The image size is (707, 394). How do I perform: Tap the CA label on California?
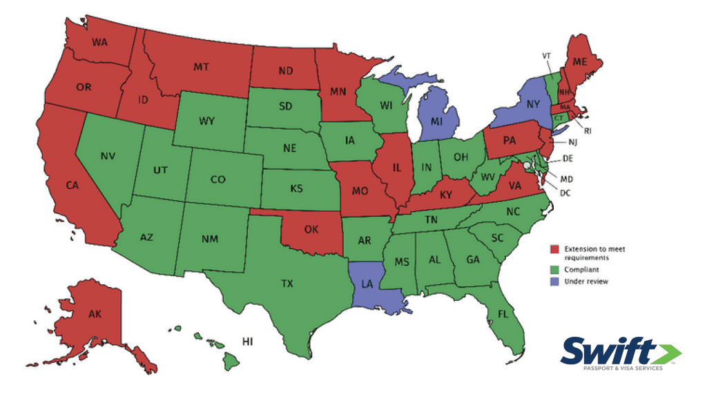click(x=72, y=185)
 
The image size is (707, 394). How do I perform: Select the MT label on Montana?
click(x=201, y=67)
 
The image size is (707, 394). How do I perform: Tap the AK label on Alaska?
click(x=95, y=314)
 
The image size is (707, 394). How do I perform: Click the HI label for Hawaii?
click(x=248, y=342)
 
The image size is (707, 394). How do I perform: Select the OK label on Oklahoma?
click(x=311, y=230)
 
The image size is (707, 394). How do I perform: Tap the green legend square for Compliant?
click(x=554, y=270)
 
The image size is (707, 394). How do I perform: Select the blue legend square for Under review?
click(x=554, y=282)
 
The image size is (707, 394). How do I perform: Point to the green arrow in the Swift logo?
click(x=668, y=353)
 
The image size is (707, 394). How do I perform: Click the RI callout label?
click(x=588, y=129)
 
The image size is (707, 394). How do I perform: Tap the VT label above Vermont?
click(x=545, y=55)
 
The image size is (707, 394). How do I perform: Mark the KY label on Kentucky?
click(x=446, y=195)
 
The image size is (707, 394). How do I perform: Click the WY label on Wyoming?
click(x=206, y=121)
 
